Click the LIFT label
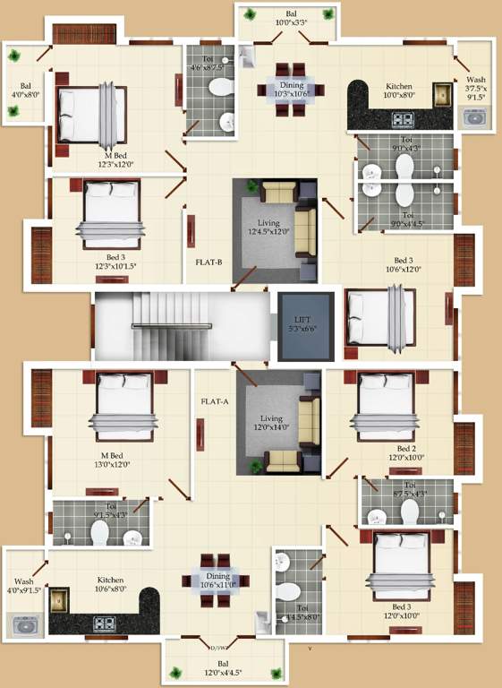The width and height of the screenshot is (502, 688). (305, 320)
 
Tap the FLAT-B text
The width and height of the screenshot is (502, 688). (208, 263)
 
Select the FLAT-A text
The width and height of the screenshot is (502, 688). (215, 401)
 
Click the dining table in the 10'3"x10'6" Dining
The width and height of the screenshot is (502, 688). (285, 90)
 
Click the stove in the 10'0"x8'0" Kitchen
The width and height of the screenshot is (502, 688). (402, 117)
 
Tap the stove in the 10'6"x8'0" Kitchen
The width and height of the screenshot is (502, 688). (105, 621)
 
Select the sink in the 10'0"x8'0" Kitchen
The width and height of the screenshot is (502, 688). (441, 93)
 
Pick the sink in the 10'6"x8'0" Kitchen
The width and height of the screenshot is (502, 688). (60, 598)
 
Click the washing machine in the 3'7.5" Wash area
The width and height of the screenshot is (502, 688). (472, 116)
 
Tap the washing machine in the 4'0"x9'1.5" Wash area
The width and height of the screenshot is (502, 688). (25, 624)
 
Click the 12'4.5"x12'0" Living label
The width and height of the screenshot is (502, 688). (268, 228)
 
